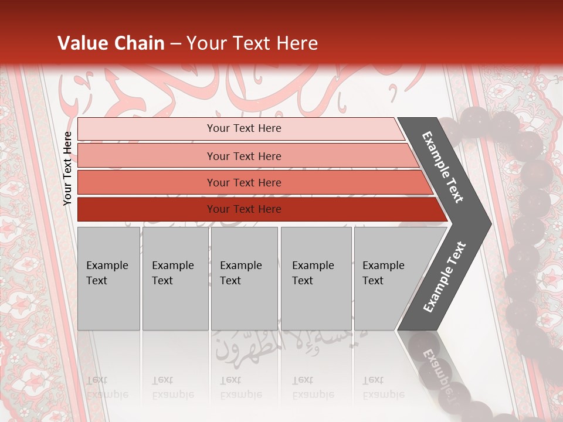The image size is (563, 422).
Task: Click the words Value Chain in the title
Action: (x=111, y=43)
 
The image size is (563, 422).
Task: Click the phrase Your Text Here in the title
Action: (x=252, y=43)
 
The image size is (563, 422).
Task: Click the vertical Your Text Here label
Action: (x=67, y=168)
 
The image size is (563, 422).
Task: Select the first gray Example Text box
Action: (x=108, y=278)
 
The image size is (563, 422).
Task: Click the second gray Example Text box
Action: (x=175, y=278)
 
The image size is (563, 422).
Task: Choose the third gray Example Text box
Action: (x=244, y=278)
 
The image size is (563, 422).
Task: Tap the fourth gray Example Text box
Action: (x=316, y=278)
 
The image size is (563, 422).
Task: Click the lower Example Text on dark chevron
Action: (x=445, y=277)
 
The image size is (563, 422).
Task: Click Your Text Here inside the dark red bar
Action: (x=244, y=209)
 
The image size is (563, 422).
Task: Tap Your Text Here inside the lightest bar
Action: (x=244, y=128)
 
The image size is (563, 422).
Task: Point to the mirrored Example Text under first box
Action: (x=107, y=387)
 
